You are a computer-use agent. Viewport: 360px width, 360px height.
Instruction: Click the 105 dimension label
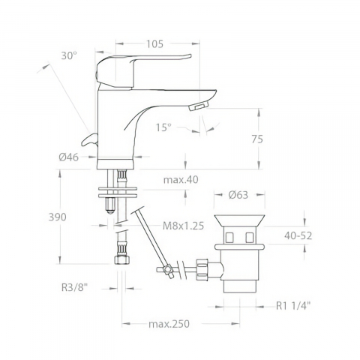pos(154,44)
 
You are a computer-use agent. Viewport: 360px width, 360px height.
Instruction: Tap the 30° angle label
pos(69,55)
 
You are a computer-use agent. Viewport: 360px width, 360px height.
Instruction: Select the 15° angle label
pos(163,127)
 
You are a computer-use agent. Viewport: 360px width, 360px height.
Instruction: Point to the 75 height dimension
pos(257,139)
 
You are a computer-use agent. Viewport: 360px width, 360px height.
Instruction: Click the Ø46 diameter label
pos(69,157)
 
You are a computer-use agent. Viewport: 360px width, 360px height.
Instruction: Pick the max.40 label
pos(181,179)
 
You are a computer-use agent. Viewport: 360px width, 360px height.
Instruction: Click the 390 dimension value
pos(58,217)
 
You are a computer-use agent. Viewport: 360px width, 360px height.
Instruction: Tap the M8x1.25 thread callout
pos(184,226)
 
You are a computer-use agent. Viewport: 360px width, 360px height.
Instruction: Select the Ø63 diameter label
pos(238,195)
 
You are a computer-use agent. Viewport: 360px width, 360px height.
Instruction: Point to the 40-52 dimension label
pos(298,235)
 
